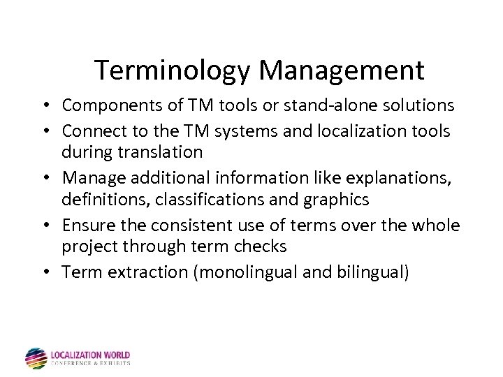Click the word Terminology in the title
tap(173, 71)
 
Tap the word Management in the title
tap(342, 71)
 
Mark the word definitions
tap(105, 200)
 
